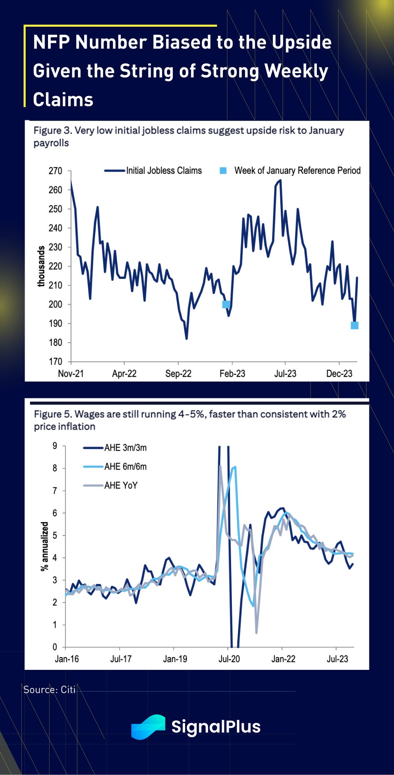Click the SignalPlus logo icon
[148, 727]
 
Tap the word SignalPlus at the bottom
[216, 727]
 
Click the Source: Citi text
[49, 690]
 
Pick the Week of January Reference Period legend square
[223, 170]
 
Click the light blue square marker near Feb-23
[226, 304]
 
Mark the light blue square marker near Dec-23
[355, 325]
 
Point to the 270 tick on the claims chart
[55, 171]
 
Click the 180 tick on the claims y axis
[55, 343]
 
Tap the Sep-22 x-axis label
[178, 374]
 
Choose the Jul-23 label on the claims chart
[285, 374]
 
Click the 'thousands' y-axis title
[41, 266]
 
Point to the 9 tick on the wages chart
[55, 446]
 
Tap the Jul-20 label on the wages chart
[229, 659]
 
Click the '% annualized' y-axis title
[44, 546]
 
